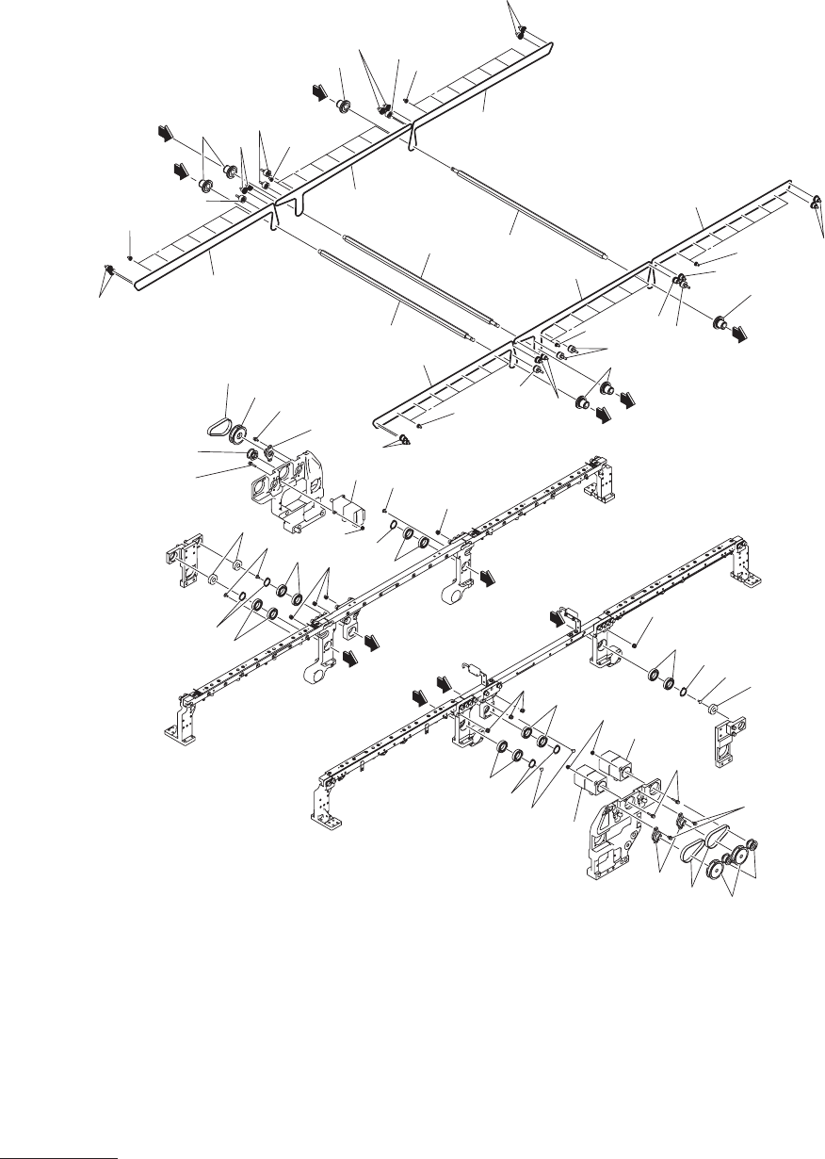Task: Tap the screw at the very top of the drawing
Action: pos(519,34)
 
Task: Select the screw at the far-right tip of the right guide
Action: pos(816,203)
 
